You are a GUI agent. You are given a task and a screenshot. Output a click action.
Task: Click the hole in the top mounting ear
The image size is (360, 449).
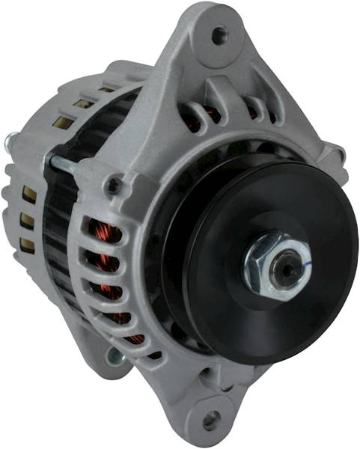pos(219,34)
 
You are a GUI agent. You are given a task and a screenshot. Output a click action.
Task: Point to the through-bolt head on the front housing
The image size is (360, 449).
pos(114,184)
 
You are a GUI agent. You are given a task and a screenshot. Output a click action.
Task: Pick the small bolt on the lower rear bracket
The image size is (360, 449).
pos(113,355)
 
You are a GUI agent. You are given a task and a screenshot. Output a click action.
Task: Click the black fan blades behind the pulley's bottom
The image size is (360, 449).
pos(180,337)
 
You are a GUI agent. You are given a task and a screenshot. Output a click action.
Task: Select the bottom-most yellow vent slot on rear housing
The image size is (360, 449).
pos(28,244)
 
